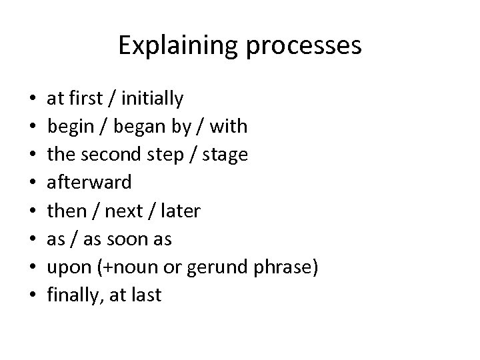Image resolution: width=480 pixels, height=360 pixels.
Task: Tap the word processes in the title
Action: coord(304,46)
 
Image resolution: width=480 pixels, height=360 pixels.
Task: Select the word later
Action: coord(177,211)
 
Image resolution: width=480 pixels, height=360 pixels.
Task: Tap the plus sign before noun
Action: coord(107,267)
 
